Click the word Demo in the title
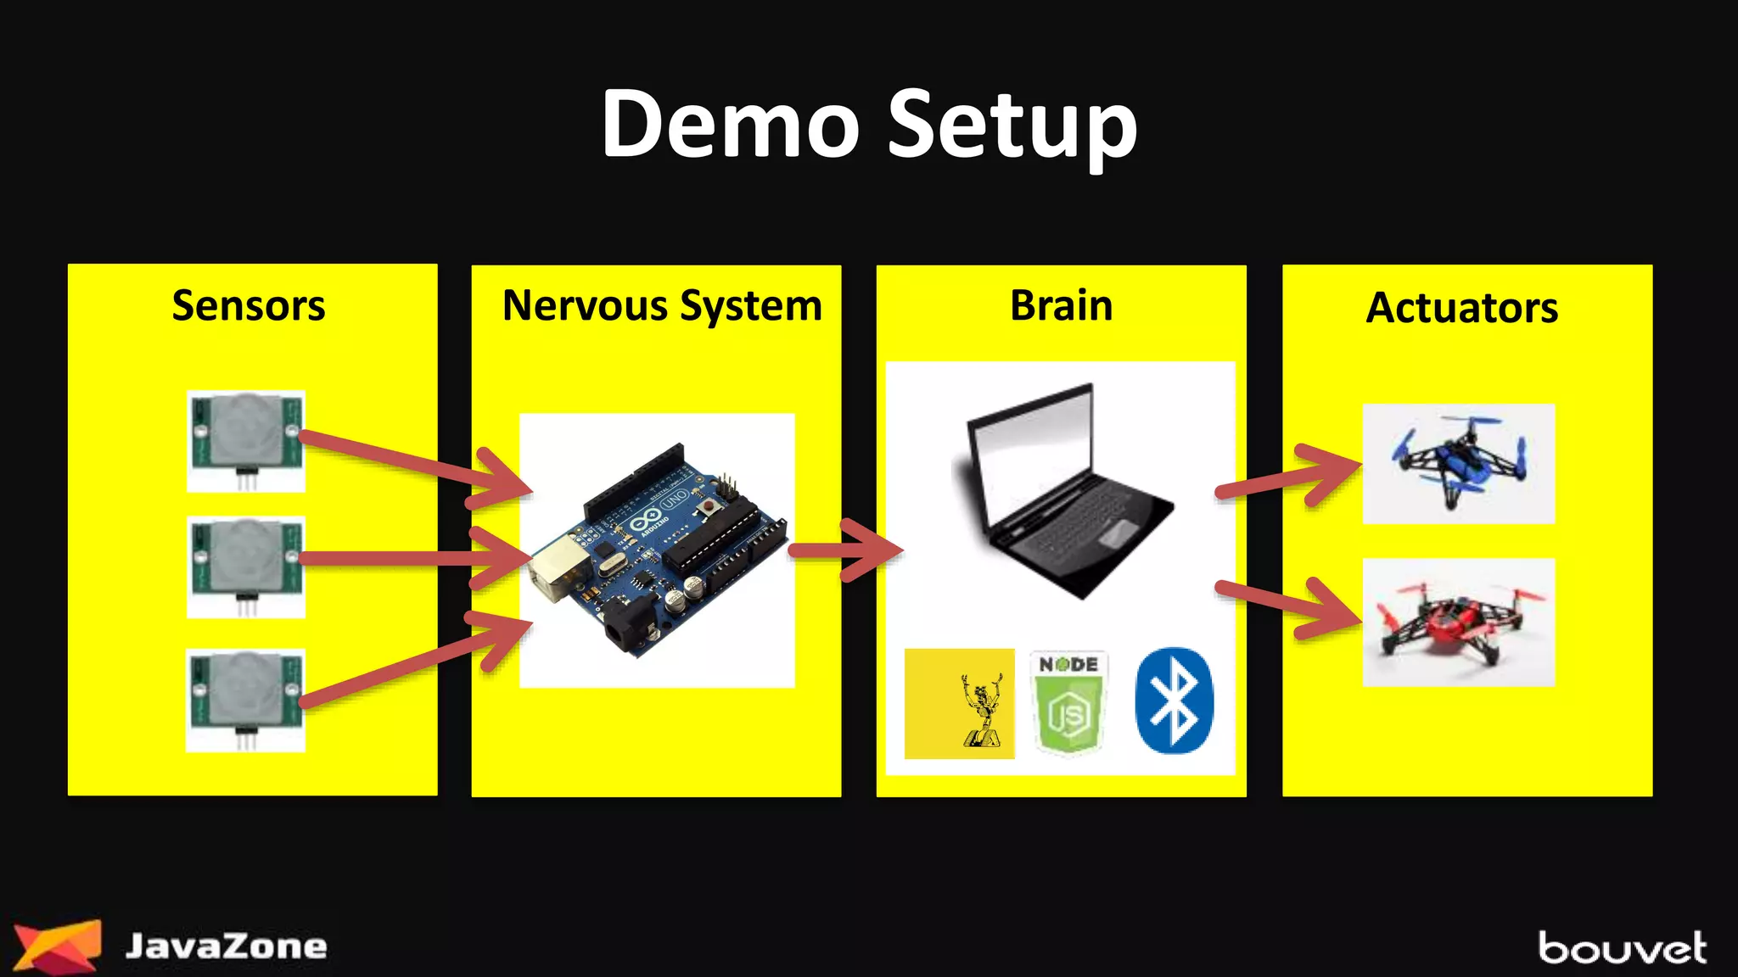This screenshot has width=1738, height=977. [730, 125]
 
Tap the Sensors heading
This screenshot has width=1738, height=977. [249, 305]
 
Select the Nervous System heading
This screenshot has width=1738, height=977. [662, 305]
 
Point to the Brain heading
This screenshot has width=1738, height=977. [1061, 305]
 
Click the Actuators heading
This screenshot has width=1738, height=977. [1461, 307]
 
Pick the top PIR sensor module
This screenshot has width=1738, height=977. [246, 440]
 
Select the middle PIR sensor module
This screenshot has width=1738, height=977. [246, 566]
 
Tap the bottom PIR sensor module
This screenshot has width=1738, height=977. [246, 700]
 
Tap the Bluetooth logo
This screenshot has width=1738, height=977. [1174, 701]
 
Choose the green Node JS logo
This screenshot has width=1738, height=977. [1069, 702]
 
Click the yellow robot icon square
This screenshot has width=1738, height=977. [959, 703]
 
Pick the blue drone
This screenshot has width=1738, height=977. [1458, 463]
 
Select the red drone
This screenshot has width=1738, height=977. [1458, 622]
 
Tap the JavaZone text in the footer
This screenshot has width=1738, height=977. [226, 946]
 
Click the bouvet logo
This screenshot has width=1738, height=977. [1622, 948]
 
